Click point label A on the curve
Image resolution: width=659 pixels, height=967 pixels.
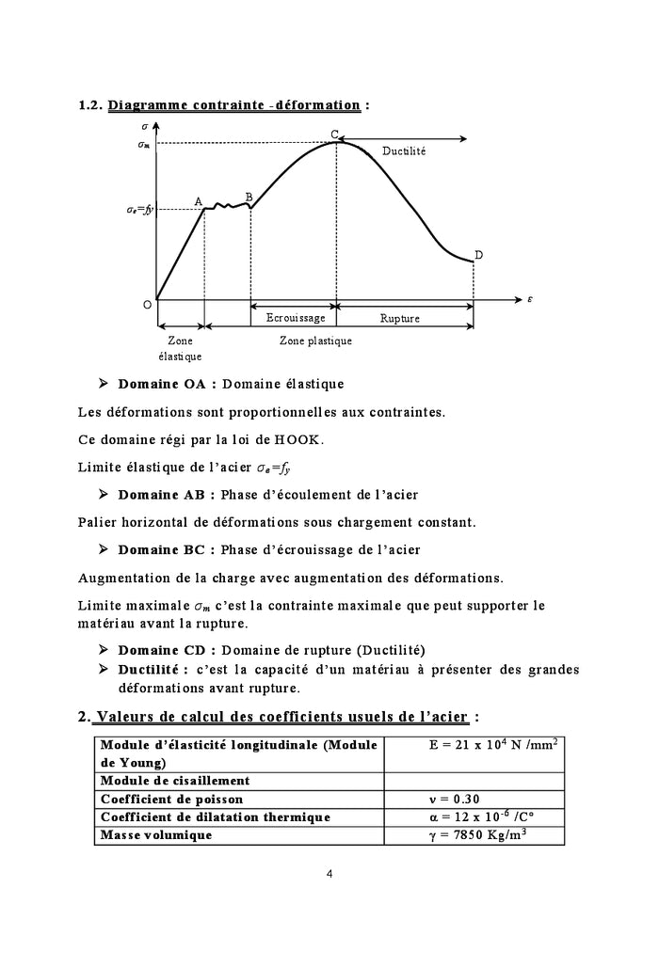[x=199, y=201]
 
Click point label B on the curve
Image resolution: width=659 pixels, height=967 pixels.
[x=249, y=197]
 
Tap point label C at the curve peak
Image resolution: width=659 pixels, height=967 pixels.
[x=335, y=134]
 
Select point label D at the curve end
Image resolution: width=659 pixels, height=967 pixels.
[x=478, y=255]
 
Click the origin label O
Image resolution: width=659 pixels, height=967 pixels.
[x=147, y=305]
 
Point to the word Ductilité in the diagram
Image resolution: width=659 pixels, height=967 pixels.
[x=404, y=151]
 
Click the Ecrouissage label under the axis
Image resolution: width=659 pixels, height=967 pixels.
[x=294, y=318]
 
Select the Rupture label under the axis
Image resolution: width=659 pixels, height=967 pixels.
[x=400, y=318]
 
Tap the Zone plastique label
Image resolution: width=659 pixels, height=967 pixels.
[x=315, y=341]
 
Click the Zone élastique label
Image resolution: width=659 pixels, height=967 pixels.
[x=180, y=348]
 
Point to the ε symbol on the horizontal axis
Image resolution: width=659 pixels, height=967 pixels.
[x=530, y=300]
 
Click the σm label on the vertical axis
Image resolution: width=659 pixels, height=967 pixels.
[x=143, y=144]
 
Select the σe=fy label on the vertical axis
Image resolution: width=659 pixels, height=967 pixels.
[x=139, y=210]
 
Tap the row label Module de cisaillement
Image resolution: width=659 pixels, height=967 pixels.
[x=175, y=781]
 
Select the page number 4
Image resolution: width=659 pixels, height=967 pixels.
[x=329, y=873]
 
